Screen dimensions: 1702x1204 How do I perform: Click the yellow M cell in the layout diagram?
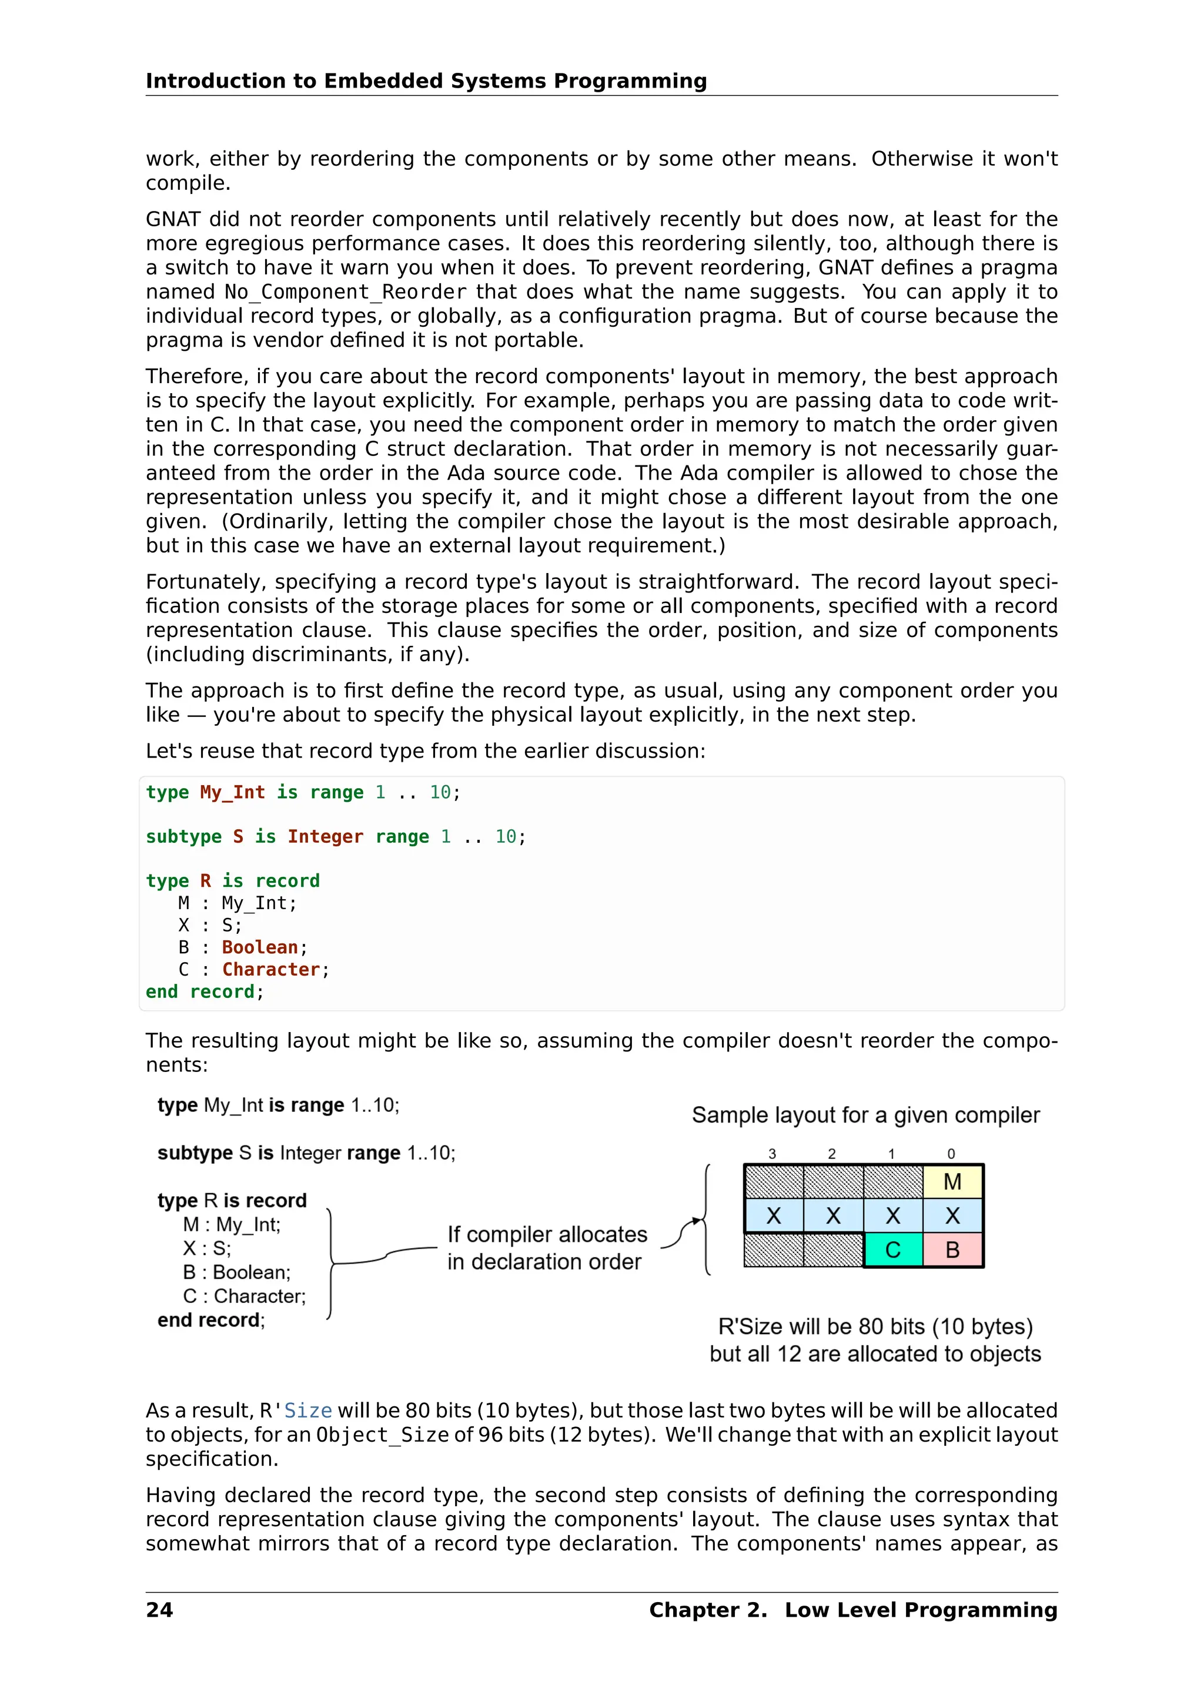click(952, 1182)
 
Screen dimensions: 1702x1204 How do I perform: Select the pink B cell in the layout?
click(952, 1250)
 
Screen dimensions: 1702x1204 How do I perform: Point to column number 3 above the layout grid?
click(772, 1154)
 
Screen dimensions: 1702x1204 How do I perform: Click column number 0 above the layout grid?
click(951, 1154)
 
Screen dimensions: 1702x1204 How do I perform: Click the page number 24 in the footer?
click(159, 1610)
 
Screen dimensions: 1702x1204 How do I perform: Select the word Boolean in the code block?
click(259, 947)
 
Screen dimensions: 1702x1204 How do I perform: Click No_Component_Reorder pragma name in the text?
click(346, 292)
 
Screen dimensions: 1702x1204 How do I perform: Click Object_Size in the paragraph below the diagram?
click(383, 1435)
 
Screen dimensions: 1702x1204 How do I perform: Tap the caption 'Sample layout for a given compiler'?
click(865, 1115)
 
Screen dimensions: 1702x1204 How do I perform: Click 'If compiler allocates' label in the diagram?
click(547, 1234)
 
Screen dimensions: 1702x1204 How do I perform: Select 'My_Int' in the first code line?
click(232, 792)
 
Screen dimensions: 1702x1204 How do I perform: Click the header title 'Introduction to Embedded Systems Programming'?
click(426, 81)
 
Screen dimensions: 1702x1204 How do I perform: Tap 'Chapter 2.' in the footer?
click(707, 1610)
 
